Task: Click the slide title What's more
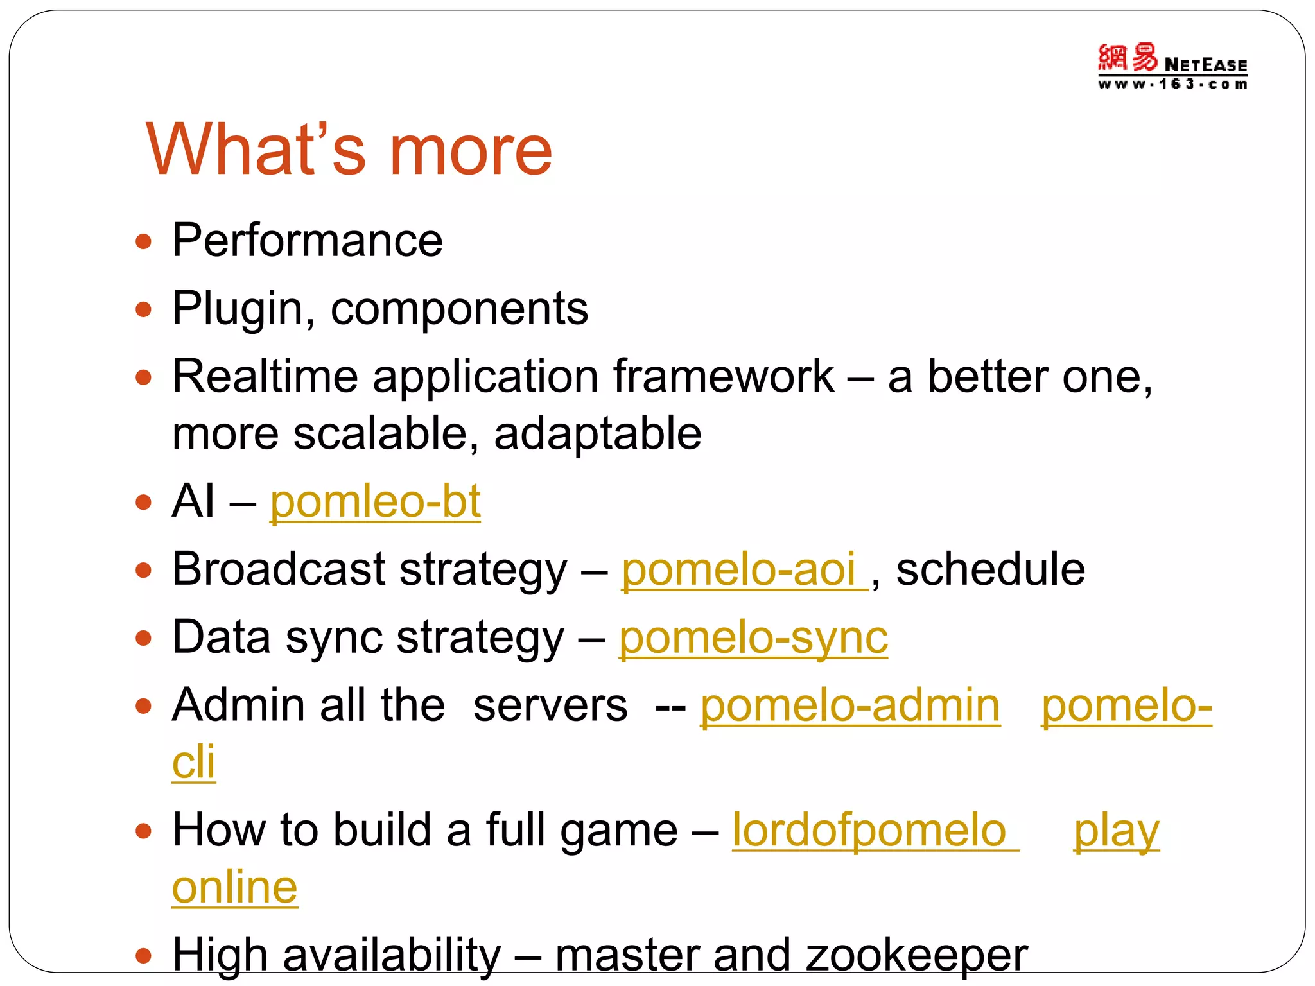349,150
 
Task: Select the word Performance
308,241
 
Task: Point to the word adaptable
597,433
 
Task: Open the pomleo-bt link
375,502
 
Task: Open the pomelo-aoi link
738,570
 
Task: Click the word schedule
989,570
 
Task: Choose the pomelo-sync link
753,638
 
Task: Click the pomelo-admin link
850,705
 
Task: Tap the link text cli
193,763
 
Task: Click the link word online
235,888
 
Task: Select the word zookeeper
916,956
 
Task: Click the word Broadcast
278,570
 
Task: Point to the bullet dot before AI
144,502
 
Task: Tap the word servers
550,705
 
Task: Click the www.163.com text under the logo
1172,85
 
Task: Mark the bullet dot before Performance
144,242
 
